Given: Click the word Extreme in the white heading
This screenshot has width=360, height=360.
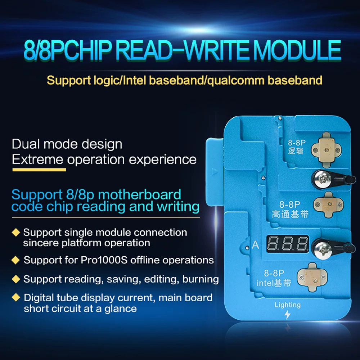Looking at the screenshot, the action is point(38,159).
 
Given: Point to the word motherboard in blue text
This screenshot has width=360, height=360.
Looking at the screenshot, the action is point(140,195).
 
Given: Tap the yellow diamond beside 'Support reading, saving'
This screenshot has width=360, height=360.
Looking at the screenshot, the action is point(15,278).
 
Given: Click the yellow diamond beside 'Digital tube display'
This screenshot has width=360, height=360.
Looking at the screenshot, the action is point(15,297).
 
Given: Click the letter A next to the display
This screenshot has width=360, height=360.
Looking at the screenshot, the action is point(256,245).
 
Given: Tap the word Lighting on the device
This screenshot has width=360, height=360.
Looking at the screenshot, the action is point(287,305).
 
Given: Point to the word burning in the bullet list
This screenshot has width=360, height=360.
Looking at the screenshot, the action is point(201,279).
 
